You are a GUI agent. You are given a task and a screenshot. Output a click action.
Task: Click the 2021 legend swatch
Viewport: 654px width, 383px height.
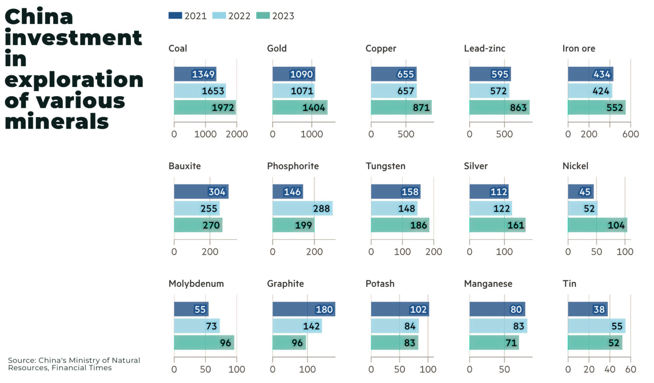(175, 16)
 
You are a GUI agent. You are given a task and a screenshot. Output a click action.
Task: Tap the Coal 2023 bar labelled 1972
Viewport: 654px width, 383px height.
(205, 107)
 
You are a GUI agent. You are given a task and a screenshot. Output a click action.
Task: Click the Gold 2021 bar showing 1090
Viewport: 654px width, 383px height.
(294, 74)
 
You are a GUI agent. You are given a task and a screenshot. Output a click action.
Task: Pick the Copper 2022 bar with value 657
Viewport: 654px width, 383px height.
(393, 91)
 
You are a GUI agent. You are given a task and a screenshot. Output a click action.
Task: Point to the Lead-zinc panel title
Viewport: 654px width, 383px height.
(485, 49)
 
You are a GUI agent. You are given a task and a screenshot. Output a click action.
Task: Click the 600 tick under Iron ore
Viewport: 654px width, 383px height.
(631, 134)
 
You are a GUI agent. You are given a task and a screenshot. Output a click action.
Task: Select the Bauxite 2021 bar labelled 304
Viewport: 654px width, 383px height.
(201, 192)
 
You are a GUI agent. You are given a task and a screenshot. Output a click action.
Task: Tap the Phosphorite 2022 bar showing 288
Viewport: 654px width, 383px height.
(302, 208)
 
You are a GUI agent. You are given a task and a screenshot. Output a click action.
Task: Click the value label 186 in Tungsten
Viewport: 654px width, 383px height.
(418, 225)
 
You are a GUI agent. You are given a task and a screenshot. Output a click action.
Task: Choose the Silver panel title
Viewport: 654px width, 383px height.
(476, 166)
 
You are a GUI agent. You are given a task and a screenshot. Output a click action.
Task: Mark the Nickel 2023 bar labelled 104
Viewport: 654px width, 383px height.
(597, 225)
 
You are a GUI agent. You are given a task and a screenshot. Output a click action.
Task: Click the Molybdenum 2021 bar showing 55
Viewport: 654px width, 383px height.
(191, 309)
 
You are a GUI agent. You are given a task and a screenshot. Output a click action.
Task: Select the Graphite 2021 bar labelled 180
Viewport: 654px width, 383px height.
(304, 309)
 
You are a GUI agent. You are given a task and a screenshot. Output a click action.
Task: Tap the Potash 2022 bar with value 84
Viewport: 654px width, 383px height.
(395, 326)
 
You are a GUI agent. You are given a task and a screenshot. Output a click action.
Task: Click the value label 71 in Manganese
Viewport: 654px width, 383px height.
(511, 343)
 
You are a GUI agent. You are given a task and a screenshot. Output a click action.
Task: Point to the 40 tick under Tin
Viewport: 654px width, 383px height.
(610, 369)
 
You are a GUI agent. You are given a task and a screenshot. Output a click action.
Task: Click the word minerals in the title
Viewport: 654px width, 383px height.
(57, 122)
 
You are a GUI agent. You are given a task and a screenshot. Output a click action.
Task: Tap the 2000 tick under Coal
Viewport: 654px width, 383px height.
(237, 134)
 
